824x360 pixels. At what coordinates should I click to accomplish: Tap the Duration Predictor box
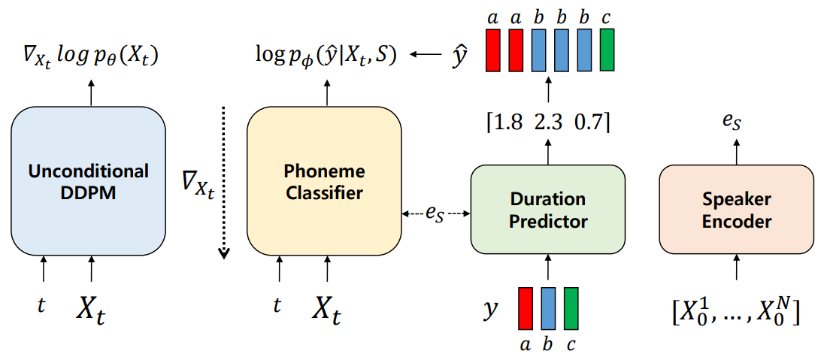pyautogui.click(x=547, y=209)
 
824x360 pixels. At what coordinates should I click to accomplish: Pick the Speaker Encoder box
pyautogui.click(x=736, y=209)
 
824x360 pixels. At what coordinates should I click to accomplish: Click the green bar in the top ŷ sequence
pyautogui.click(x=607, y=50)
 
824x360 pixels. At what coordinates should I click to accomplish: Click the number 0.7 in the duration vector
pyautogui.click(x=589, y=123)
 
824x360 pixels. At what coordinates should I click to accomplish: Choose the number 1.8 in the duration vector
pyautogui.click(x=506, y=123)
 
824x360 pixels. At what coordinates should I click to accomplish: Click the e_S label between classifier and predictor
pyautogui.click(x=435, y=215)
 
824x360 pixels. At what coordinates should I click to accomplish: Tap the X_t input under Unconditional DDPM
pyautogui.click(x=96, y=308)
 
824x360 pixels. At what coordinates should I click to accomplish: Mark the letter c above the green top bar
pyautogui.click(x=607, y=18)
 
